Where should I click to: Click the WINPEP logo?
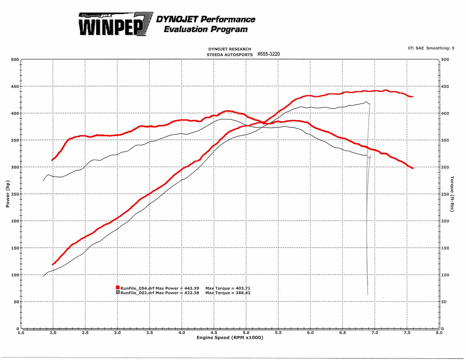pyautogui.click(x=115, y=25)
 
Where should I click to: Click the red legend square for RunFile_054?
pyautogui.click(x=118, y=288)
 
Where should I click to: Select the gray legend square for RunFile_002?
pyautogui.click(x=118, y=292)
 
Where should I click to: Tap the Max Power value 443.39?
pyautogui.click(x=191, y=288)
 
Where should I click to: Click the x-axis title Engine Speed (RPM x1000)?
pyautogui.click(x=230, y=338)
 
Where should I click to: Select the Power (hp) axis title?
pyautogui.click(x=8, y=194)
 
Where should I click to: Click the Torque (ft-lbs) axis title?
pyautogui.click(x=452, y=194)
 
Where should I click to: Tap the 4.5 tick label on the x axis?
pyautogui.click(x=214, y=333)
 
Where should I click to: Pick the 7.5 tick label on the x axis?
pyautogui.click(x=407, y=333)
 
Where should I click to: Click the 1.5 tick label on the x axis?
pyautogui.click(x=21, y=333)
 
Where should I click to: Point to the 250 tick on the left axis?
pyautogui.click(x=15, y=194)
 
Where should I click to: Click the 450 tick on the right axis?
pyautogui.click(x=445, y=87)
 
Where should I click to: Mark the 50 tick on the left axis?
pyautogui.click(x=16, y=302)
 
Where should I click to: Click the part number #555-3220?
pyautogui.click(x=268, y=54)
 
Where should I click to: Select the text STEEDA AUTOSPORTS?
pyautogui.click(x=230, y=55)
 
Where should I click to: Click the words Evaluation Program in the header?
pyautogui.click(x=206, y=30)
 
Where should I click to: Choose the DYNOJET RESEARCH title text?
pyautogui.click(x=230, y=49)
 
